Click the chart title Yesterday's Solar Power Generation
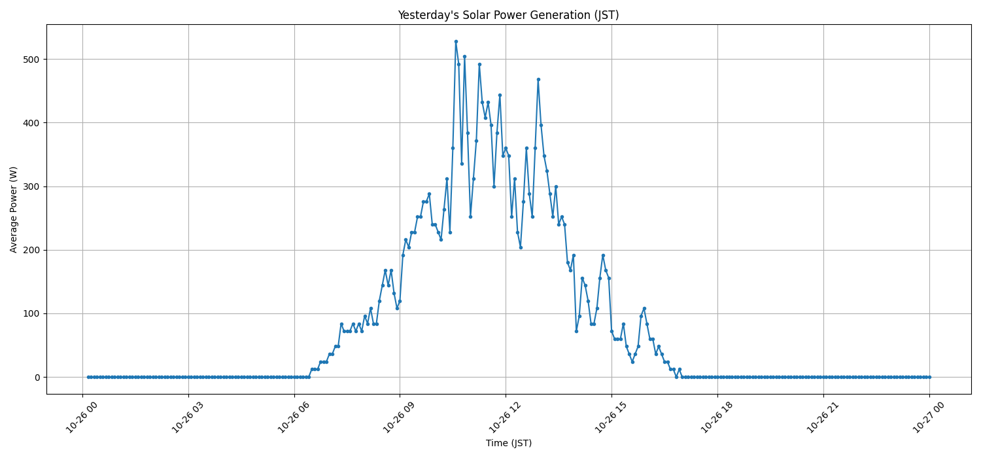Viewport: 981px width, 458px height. click(508, 15)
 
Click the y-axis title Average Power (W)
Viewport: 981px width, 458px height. click(14, 209)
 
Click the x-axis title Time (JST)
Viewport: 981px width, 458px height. click(508, 443)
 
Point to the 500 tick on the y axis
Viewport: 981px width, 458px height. click(32, 60)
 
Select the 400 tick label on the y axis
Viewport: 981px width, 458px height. click(32, 123)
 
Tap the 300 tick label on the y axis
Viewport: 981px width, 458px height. click(32, 186)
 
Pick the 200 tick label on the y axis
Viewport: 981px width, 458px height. click(32, 250)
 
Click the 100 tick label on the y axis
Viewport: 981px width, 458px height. click(32, 313)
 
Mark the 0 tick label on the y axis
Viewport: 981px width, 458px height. click(37, 378)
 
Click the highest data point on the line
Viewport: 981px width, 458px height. click(456, 41)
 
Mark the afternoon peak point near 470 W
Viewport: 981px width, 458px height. click(538, 79)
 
